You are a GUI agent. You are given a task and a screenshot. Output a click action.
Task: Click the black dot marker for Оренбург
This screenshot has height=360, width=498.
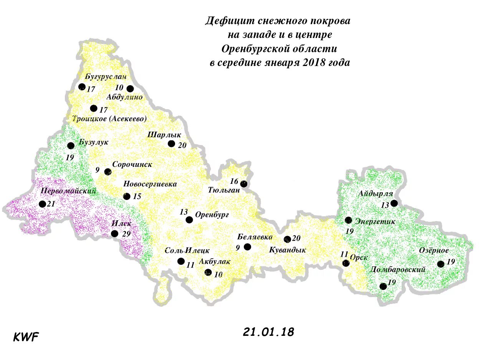pyautogui.click(x=189, y=220)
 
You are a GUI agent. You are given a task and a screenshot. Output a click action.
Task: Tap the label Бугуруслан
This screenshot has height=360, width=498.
pyautogui.click(x=106, y=76)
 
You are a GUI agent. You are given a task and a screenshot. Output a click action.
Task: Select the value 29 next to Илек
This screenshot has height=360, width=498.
pyautogui.click(x=126, y=234)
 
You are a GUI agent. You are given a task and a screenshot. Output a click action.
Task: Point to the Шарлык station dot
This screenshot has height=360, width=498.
pyautogui.click(x=171, y=144)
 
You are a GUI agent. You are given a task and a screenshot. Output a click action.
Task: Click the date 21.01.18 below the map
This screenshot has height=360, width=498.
pyautogui.click(x=268, y=332)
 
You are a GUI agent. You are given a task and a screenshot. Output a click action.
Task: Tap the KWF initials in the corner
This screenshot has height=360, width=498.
pyautogui.click(x=26, y=337)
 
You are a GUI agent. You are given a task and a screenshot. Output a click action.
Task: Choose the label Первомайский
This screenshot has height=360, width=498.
pyautogui.click(x=68, y=191)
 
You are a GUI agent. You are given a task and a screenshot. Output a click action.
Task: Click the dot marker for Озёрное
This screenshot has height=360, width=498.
pyautogui.click(x=440, y=264)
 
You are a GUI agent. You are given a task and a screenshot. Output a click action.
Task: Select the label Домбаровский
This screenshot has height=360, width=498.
pyautogui.click(x=397, y=269)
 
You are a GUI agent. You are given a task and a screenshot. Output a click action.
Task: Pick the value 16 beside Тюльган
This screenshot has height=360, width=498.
pyautogui.click(x=234, y=181)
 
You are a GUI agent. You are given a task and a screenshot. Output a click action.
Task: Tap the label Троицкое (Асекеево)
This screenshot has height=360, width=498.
pyautogui.click(x=109, y=119)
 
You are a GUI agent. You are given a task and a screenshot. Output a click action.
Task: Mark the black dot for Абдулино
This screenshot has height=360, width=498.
pyautogui.click(x=130, y=89)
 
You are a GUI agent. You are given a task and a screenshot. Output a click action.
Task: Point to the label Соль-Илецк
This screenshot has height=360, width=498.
pyautogui.click(x=187, y=251)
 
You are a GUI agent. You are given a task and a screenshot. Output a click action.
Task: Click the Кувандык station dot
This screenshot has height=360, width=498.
pyautogui.click(x=287, y=239)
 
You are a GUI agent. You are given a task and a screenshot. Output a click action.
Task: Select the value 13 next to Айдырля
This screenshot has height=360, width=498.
pyautogui.click(x=385, y=205)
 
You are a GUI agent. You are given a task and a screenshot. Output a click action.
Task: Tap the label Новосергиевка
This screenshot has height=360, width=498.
pyautogui.click(x=150, y=184)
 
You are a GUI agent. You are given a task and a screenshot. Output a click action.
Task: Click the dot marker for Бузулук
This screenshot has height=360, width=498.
pyautogui.click(x=71, y=145)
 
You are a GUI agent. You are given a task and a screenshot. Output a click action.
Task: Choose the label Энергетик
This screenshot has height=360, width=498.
pyautogui.click(x=375, y=221)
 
